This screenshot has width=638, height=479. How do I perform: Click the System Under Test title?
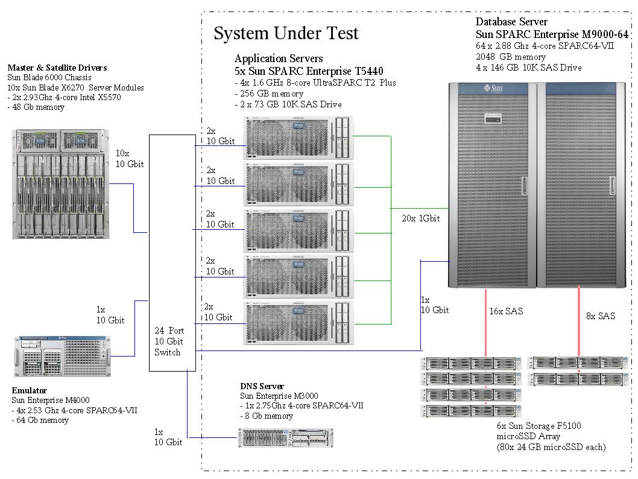pos(286,33)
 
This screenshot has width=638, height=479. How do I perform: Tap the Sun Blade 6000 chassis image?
pos(62,184)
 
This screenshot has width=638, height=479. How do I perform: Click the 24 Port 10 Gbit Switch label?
pos(169,341)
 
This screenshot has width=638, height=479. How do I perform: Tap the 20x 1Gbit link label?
pos(421,218)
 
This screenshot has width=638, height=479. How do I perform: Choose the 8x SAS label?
pos(601,316)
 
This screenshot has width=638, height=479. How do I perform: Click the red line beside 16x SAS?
pos(485,322)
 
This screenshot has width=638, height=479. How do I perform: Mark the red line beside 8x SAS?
pos(579,322)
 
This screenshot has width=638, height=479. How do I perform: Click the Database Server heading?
pos(511,22)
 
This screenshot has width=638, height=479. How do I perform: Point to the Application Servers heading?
pos(279,59)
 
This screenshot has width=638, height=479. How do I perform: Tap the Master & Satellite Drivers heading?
pos(57,68)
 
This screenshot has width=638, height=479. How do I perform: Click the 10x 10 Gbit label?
pos(130,159)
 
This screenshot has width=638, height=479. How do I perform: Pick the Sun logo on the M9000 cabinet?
pos(493,89)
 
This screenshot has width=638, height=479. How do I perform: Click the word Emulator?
pos(30,390)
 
